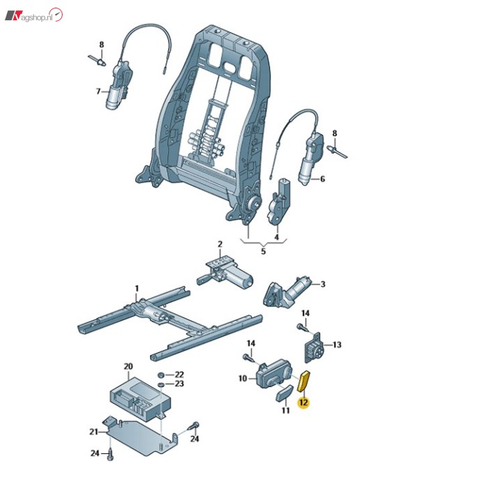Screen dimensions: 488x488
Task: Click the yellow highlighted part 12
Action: click(x=304, y=380)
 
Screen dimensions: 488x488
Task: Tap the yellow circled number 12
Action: click(x=303, y=402)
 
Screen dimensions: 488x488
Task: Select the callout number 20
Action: click(x=128, y=366)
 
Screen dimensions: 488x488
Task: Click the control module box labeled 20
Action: click(x=140, y=397)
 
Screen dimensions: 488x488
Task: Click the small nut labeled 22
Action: click(x=161, y=375)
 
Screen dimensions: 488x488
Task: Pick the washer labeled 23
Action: click(x=161, y=385)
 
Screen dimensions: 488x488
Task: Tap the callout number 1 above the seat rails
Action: click(x=137, y=289)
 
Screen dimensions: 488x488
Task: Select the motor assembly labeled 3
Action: click(x=287, y=291)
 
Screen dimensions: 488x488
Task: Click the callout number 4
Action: click(x=277, y=237)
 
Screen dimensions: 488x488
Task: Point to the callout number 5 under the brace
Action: click(x=264, y=251)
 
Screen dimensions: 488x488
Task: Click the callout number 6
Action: click(x=322, y=178)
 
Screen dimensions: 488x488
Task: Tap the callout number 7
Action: click(x=98, y=91)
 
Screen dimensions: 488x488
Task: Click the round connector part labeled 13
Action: click(x=313, y=347)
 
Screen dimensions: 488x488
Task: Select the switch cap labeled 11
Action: click(x=284, y=394)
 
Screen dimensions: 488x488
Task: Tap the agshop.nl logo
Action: click(x=34, y=15)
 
